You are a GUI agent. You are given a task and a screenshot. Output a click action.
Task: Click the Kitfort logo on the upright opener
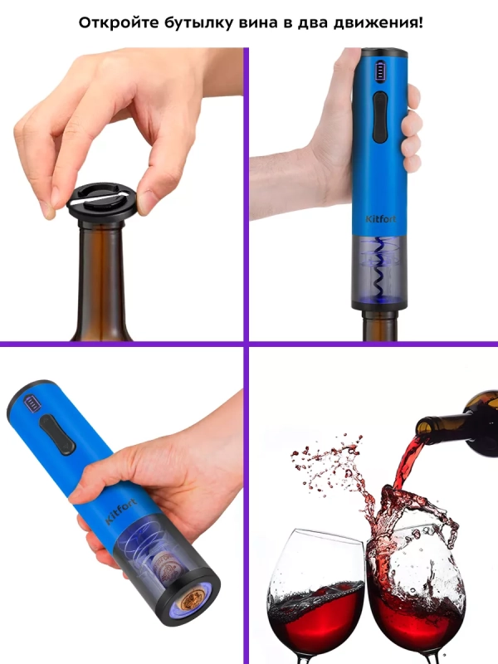[381, 218]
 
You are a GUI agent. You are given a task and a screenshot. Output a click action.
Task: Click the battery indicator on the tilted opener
[32, 403]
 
